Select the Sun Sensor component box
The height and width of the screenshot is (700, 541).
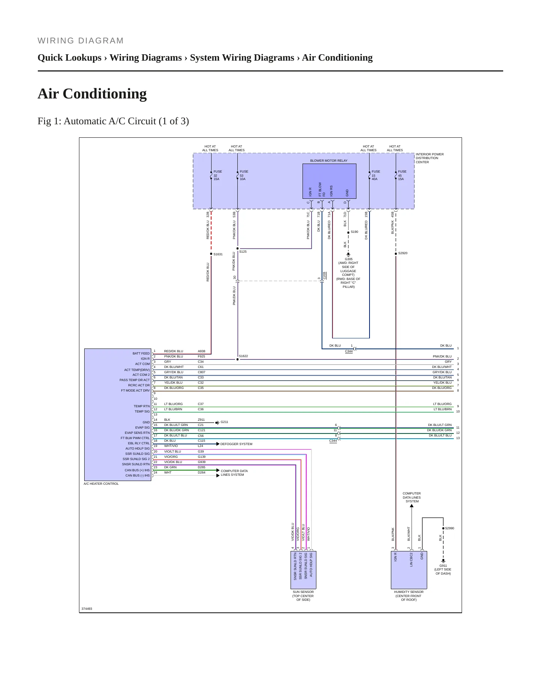pyautogui.click(x=303, y=570)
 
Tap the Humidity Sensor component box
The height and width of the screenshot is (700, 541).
pyautogui.click(x=409, y=570)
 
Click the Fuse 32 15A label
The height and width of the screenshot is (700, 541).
pyautogui.click(x=218, y=175)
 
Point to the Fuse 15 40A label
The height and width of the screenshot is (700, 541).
pyautogui.click(x=376, y=175)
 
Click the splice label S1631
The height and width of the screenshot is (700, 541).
pyautogui.click(x=218, y=254)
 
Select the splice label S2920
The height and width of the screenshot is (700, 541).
pyautogui.click(x=403, y=253)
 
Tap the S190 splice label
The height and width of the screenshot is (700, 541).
pyautogui.click(x=354, y=232)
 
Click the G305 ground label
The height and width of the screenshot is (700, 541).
pyautogui.click(x=349, y=259)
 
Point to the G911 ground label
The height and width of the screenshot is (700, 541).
pyautogui.click(x=443, y=566)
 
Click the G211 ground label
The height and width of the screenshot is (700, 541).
pyautogui.click(x=224, y=422)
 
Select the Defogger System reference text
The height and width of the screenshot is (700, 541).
pyautogui.click(x=236, y=444)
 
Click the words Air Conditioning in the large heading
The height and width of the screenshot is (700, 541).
pyautogui.click(x=92, y=94)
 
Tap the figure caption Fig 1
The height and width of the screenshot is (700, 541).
pyautogui.click(x=113, y=121)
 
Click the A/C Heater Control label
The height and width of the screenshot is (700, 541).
pyautogui.click(x=101, y=484)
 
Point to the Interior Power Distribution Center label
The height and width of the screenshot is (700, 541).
pyautogui.click(x=429, y=158)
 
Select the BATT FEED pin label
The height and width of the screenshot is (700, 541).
pyautogui.click(x=141, y=353)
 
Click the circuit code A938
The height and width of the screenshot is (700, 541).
pyautogui.click(x=201, y=351)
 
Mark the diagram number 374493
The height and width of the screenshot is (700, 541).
pyautogui.click(x=87, y=609)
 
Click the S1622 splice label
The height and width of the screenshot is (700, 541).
pyautogui.click(x=243, y=356)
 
